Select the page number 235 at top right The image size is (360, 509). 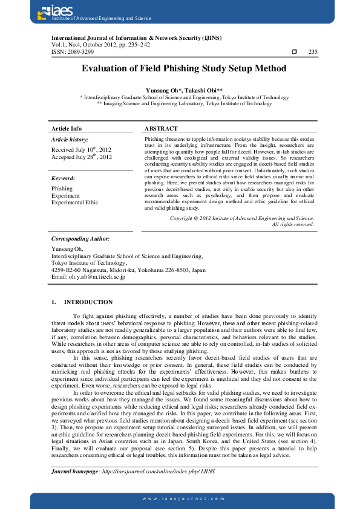click(313, 52)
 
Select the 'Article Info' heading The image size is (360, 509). click(67, 129)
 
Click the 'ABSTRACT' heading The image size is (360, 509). click(162, 129)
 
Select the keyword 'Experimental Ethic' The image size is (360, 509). click(74, 203)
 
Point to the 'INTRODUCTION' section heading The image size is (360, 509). click(88, 302)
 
